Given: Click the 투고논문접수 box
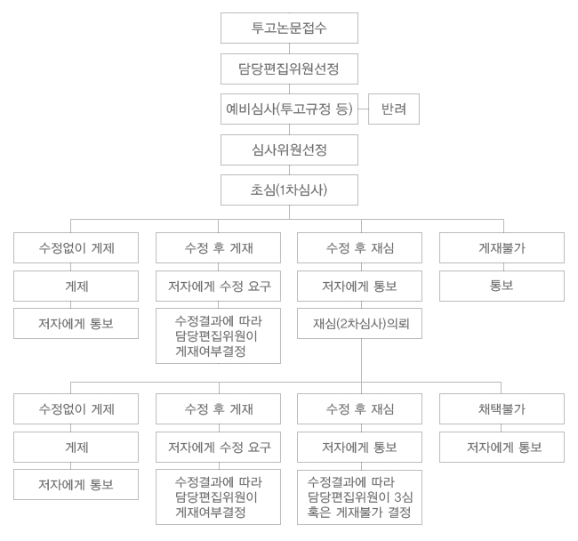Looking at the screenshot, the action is tap(289, 28).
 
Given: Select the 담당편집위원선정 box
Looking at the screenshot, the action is tap(289, 69).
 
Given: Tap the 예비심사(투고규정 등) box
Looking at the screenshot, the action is tap(289, 109).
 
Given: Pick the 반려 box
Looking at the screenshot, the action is tap(394, 109).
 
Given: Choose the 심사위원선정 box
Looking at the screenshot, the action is tap(289, 149).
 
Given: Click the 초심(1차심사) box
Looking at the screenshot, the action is tap(289, 190).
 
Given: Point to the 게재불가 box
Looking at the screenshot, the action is tap(502, 248).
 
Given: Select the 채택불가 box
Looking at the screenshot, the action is tap(502, 408).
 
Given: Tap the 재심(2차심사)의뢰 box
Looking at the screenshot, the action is tap(360, 323).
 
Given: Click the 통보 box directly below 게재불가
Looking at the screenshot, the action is tap(502, 287).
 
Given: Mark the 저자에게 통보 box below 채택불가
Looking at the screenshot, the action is tap(502, 447).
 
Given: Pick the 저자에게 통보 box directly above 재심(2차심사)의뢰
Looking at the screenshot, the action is tap(360, 287).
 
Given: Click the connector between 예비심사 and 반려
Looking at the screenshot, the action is tap(363, 109).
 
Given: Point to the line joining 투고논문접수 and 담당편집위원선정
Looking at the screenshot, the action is tap(289, 48).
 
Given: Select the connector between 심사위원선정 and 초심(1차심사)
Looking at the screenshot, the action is tap(289, 170).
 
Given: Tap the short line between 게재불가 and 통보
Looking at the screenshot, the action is tap(502, 267).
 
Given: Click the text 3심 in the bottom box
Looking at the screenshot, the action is tap(404, 497).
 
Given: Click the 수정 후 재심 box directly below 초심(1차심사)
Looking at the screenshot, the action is tap(360, 248).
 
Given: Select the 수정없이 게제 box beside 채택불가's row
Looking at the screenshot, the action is tap(76, 408).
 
